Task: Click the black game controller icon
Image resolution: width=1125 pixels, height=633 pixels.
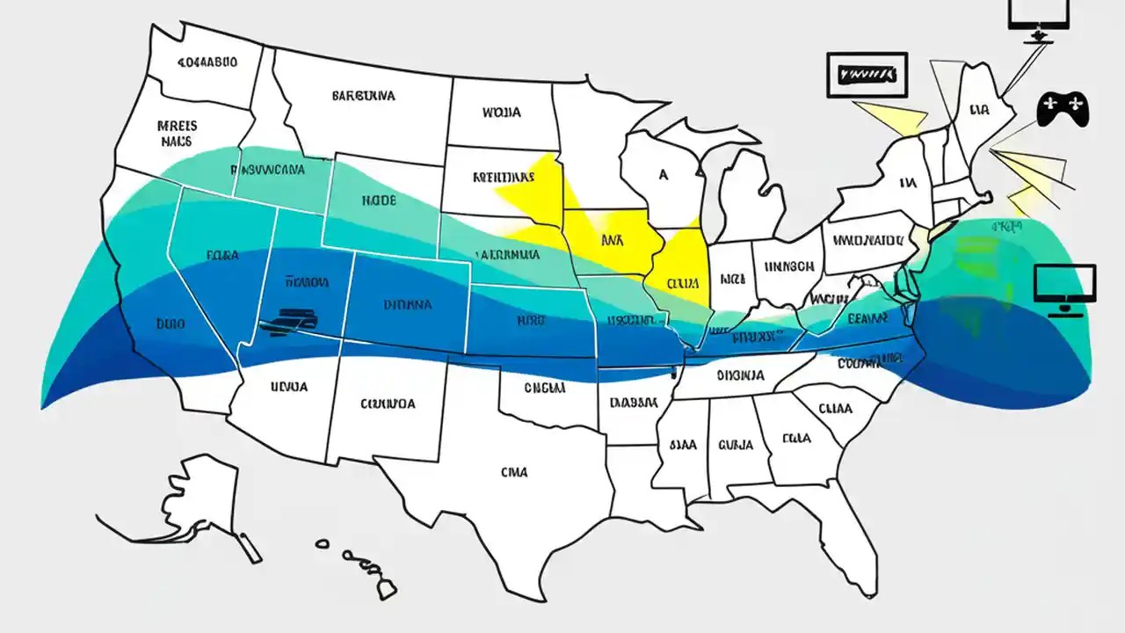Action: click(1063, 109)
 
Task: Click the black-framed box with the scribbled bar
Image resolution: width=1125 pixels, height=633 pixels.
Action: click(866, 76)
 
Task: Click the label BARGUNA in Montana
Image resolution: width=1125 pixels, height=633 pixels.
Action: click(364, 95)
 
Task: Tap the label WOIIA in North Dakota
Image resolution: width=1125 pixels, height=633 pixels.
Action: click(501, 113)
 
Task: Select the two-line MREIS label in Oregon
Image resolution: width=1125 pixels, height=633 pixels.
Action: click(178, 133)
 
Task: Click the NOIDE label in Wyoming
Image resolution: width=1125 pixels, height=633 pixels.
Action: click(379, 200)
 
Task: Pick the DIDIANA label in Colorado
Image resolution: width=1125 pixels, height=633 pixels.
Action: click(408, 305)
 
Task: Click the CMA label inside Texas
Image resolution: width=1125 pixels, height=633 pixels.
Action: click(514, 472)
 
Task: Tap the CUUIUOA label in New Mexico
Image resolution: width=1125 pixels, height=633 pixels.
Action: click(388, 404)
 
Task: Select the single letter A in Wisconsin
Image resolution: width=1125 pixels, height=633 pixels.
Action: click(664, 175)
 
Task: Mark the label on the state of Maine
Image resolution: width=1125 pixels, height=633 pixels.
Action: click(980, 112)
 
